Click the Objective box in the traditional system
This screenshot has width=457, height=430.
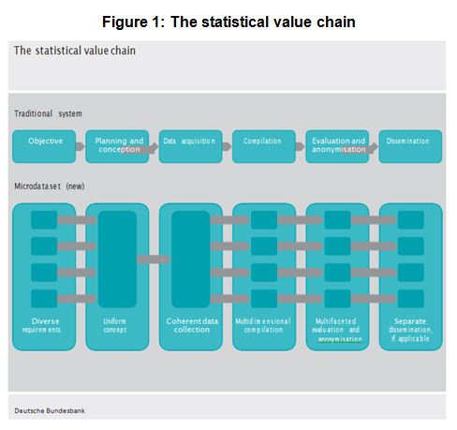coord(44,146)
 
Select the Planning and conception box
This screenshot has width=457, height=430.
coord(117,146)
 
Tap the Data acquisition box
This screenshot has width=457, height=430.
coord(191,146)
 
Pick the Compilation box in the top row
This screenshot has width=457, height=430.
coord(264,146)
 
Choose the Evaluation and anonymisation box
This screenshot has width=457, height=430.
coord(337,146)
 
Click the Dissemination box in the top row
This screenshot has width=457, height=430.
coord(410,146)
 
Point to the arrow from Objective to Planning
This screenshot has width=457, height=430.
coord(81,146)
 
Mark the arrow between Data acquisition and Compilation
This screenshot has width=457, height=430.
coord(227,146)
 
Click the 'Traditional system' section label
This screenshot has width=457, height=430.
coord(48,113)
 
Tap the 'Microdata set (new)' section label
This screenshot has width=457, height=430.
coord(50,186)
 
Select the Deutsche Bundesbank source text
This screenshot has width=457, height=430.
coord(50,410)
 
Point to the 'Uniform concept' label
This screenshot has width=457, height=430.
coord(115,325)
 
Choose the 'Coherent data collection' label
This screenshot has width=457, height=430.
coord(192,325)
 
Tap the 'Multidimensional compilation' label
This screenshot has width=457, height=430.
coord(263,325)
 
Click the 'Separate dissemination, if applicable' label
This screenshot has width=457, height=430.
coord(410,330)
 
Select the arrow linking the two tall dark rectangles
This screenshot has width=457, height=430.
coord(154,259)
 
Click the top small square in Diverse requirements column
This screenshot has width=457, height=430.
coord(44,220)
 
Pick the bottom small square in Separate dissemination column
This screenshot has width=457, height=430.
coord(411,299)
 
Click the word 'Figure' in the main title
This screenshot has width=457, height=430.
coord(125,22)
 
